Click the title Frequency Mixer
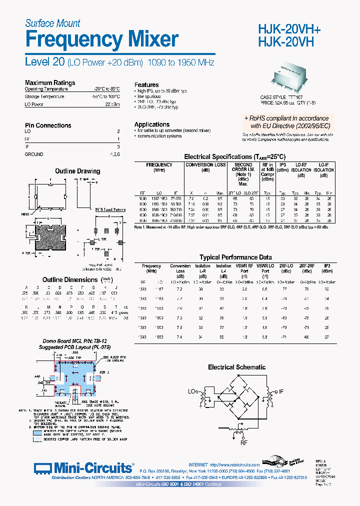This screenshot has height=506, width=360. (x=101, y=39)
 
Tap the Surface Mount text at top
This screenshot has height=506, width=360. (x=52, y=23)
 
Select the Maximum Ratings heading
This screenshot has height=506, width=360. (x=50, y=83)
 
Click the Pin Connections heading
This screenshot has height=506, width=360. (x=48, y=125)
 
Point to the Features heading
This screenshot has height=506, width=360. (x=146, y=85)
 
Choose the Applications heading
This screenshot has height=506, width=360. (x=151, y=124)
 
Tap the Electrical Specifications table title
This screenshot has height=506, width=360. (x=234, y=156)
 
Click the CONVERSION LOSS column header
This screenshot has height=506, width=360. (x=205, y=164)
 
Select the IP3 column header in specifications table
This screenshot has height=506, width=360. (x=282, y=164)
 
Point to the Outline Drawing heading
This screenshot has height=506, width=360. (x=77, y=171)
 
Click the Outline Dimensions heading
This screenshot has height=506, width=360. (x=69, y=279)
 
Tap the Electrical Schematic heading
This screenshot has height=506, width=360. (x=236, y=367)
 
